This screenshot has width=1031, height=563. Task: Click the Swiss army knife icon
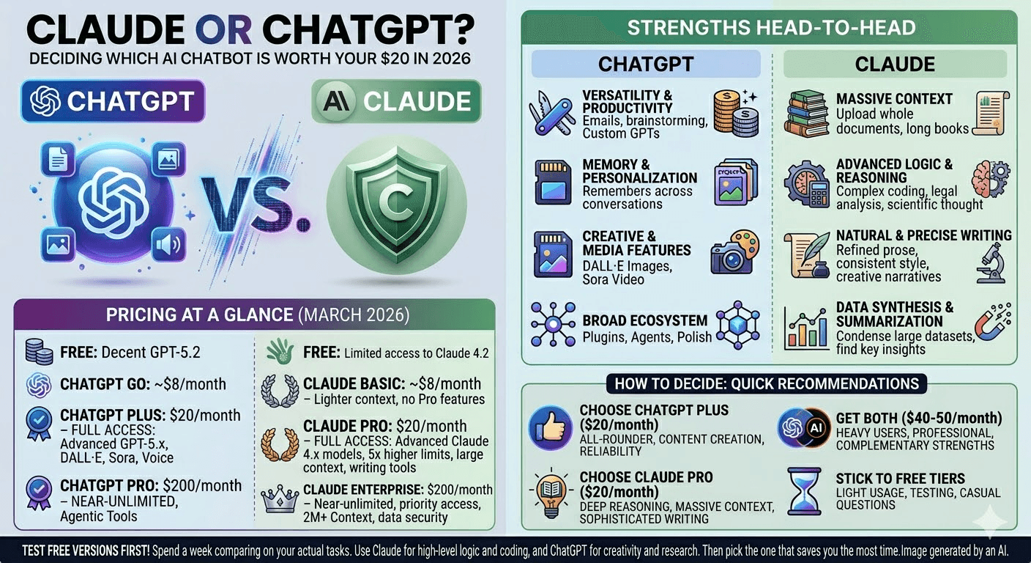point(551,111)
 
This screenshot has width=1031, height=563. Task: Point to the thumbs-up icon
point(549,426)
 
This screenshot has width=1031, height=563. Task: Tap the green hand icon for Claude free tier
point(281,353)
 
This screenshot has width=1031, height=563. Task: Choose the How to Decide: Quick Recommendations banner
point(767,383)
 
